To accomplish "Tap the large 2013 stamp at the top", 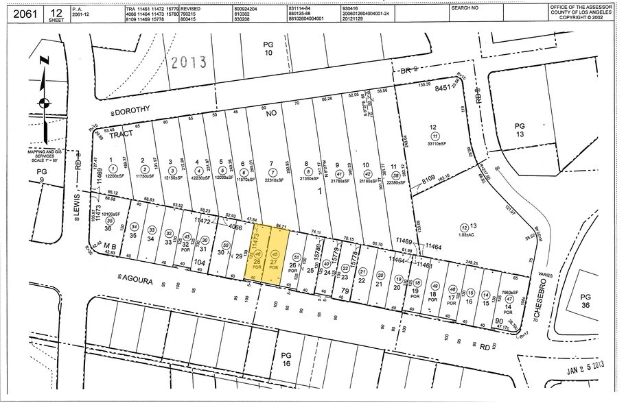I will pos(189,62).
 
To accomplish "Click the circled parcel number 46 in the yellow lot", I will pos(258,254).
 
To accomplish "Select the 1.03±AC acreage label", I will pos(467,235).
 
